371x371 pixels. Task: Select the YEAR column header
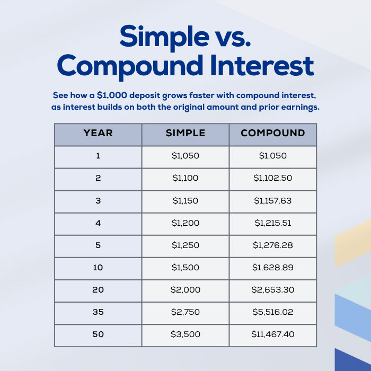tap(98, 133)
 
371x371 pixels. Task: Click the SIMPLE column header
tap(185, 133)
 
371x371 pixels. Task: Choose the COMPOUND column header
tap(273, 133)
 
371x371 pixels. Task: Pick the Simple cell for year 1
tap(185, 156)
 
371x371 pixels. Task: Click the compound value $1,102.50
tap(273, 178)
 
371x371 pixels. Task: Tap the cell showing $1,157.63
tap(273, 201)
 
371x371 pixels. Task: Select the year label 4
tap(98, 223)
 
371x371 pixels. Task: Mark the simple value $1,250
tap(185, 245)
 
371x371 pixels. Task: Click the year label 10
tap(98, 268)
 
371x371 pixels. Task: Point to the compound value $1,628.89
tap(273, 268)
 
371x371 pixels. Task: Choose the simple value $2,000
tap(185, 290)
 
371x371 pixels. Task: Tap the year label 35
tap(98, 312)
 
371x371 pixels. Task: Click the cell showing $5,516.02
tap(273, 312)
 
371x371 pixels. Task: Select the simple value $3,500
tap(185, 334)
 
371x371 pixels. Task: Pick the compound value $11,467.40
tap(273, 334)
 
